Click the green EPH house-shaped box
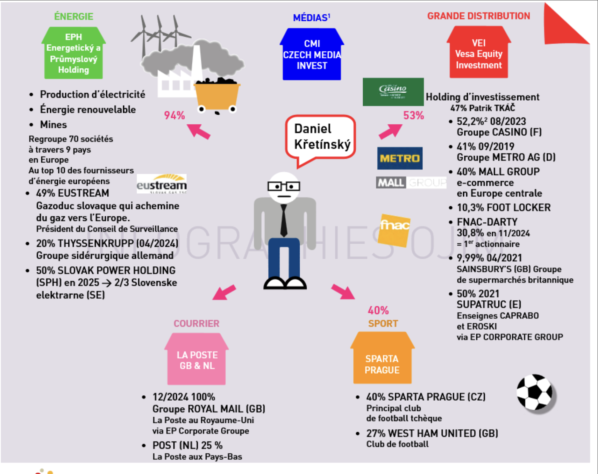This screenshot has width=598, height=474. tap(73, 53)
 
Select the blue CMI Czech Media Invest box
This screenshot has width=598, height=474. tap(312, 54)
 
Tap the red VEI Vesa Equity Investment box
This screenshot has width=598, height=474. tap(479, 52)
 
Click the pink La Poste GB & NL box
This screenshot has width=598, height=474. tap(197, 359)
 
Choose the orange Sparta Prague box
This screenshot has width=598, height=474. tap(382, 358)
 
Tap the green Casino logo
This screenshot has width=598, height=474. tap(393, 92)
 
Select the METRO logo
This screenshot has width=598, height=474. tap(400, 158)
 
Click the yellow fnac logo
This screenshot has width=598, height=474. tap(394, 230)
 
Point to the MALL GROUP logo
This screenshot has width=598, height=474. tap(411, 182)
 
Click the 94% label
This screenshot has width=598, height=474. tap(174, 115)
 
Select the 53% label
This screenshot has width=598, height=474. tap(413, 115)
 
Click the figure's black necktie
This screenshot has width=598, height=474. tap(284, 220)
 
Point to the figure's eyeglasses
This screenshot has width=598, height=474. tap(284, 186)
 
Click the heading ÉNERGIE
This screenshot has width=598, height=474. tap(74, 16)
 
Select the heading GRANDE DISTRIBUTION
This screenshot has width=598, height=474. tap(478, 16)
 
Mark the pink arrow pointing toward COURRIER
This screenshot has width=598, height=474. tap(224, 292)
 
